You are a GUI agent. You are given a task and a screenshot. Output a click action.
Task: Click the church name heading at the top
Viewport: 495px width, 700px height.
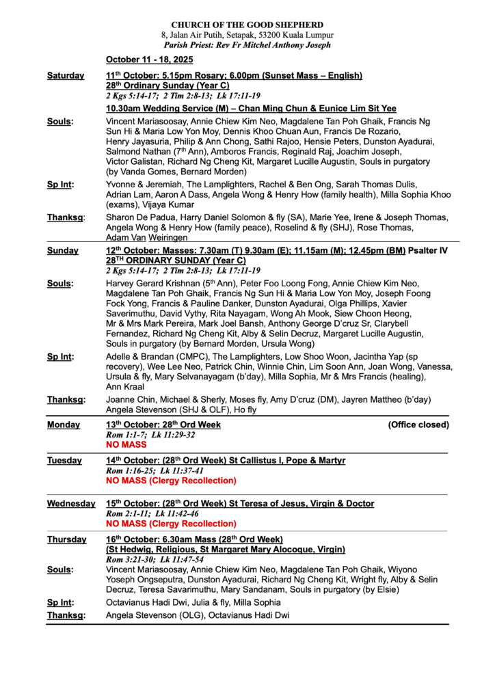pos(247,25)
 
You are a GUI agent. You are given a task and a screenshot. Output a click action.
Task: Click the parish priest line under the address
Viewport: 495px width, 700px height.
pos(247,44)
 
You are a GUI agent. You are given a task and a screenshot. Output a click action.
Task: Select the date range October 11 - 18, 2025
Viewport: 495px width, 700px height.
pos(149,60)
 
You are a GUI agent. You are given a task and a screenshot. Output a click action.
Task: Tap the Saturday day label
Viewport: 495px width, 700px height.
pos(66,75)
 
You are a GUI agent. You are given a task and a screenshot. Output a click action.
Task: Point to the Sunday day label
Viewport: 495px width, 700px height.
pos(62,251)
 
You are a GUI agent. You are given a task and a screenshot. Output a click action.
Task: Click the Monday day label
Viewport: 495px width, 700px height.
pos(64,425)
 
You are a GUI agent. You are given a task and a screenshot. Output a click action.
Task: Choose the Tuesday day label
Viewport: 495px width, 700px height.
pos(64,461)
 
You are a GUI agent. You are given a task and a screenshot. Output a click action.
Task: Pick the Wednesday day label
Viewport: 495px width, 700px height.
pos(71,504)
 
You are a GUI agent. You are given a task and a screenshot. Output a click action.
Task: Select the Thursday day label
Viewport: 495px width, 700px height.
pos(66,539)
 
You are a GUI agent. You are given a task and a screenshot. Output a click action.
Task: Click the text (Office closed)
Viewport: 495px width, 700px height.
pos(418,425)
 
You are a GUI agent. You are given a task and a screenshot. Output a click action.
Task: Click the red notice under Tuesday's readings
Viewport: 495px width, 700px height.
pos(171,481)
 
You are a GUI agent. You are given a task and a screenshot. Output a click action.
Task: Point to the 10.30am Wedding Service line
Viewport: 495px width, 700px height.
pos(251,108)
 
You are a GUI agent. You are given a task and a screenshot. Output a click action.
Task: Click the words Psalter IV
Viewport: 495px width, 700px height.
pos(428,251)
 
